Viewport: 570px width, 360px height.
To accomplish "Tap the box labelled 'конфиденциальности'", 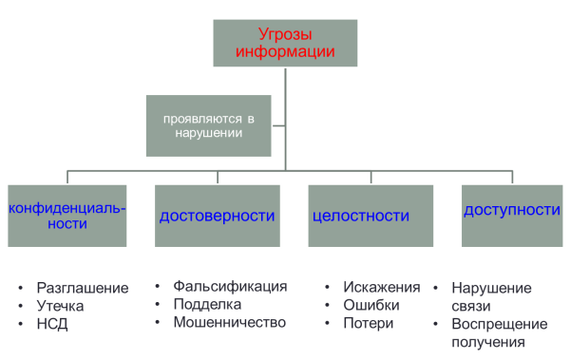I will click(x=66, y=216).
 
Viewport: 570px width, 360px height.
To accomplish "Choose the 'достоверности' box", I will click(x=217, y=216).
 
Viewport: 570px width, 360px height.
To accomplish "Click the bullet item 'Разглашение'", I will click(x=81, y=288).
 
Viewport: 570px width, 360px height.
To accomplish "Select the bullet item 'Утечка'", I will click(x=61, y=306).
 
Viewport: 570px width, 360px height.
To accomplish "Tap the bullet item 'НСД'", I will click(x=52, y=324).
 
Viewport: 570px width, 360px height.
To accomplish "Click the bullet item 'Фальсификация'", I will click(x=230, y=286).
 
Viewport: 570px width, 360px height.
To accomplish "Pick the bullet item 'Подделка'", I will click(x=207, y=304).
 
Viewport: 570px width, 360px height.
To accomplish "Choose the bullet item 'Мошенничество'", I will click(x=229, y=322).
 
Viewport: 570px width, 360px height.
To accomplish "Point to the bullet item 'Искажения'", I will click(x=382, y=287).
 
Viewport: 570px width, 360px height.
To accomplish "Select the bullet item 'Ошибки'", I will click(x=372, y=305).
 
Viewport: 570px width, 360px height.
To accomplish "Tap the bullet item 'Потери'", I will click(x=368, y=323).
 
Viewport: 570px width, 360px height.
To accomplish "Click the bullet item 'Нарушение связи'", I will click(x=491, y=296).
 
